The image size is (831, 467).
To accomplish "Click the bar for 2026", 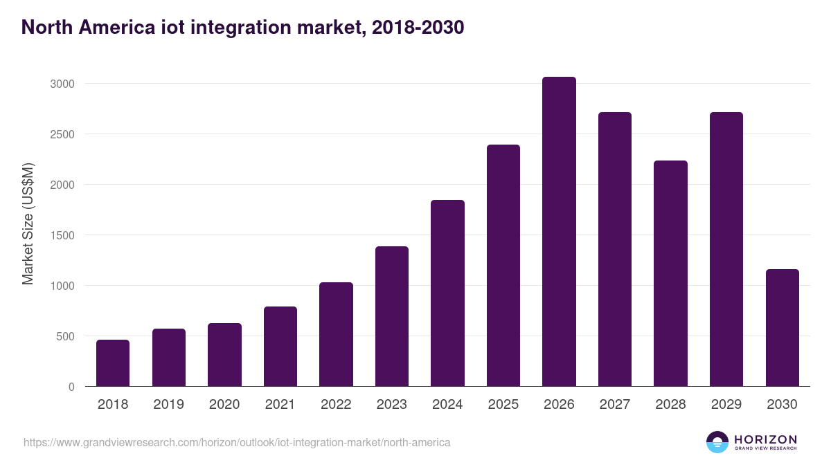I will click(x=559, y=232).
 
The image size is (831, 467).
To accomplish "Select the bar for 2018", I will click(x=113, y=363).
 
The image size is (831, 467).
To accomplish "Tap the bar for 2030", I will click(x=782, y=328).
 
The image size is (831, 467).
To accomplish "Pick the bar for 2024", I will click(x=447, y=293).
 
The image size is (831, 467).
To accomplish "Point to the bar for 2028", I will click(x=670, y=273).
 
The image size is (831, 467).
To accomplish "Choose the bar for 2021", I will click(x=280, y=347).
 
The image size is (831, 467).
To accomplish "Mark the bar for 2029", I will click(x=726, y=249).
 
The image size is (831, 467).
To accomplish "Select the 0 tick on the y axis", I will click(x=71, y=387).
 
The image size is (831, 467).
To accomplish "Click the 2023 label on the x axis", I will click(x=392, y=405).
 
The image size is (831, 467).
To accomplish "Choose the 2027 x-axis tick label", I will click(x=615, y=405).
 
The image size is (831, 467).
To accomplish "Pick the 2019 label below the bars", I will click(x=169, y=405).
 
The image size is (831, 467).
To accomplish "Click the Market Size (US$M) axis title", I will click(x=28, y=223).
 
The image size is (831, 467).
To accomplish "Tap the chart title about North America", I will click(x=242, y=28).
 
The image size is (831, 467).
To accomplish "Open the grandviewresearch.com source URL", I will click(x=237, y=442).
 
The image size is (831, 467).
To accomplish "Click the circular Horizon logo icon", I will click(x=717, y=442).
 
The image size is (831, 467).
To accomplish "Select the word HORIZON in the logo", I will click(x=765, y=439).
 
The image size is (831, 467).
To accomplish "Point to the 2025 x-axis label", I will click(x=503, y=405).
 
